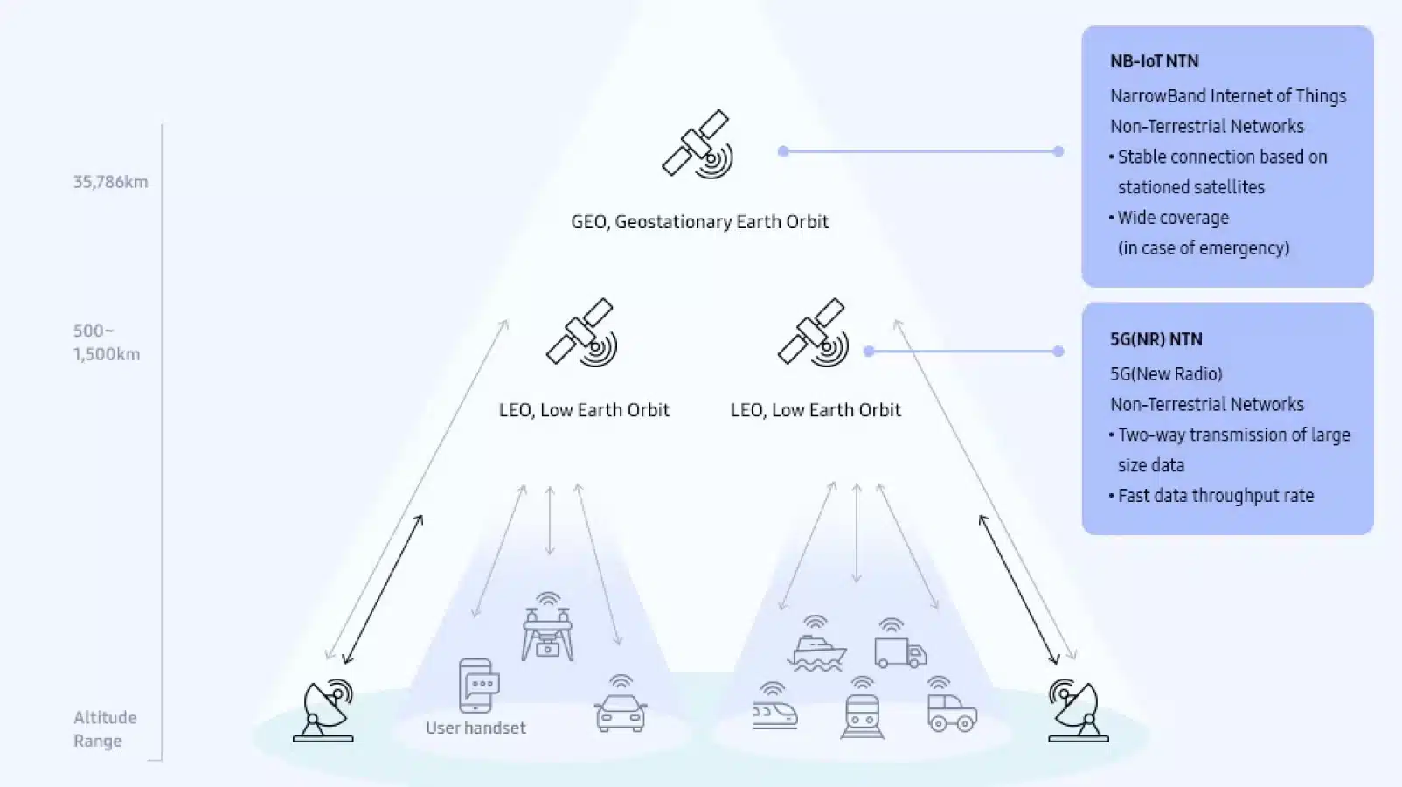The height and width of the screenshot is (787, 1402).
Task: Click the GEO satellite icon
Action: (698, 144)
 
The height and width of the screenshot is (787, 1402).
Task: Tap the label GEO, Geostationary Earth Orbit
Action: (700, 221)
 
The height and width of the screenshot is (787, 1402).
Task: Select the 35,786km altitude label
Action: (111, 182)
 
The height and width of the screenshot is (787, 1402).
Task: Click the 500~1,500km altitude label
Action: (107, 343)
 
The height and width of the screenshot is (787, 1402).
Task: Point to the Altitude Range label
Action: (105, 728)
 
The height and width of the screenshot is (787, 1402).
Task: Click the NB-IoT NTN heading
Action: (1155, 61)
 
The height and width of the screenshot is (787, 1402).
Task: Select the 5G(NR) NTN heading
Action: (1156, 339)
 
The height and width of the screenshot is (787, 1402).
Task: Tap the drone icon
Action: (548, 627)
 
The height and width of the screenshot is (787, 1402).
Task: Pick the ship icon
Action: (816, 644)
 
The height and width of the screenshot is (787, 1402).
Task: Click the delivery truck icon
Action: (900, 644)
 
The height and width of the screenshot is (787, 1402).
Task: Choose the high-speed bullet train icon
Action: (774, 707)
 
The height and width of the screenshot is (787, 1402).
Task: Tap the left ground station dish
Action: (323, 710)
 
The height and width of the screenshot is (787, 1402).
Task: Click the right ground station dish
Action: (1078, 710)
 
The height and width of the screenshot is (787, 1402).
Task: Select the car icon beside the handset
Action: (621, 704)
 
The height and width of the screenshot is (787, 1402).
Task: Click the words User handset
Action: (475, 728)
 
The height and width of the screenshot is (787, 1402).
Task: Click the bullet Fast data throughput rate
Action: (1211, 496)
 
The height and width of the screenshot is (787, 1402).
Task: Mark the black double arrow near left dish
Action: (383, 589)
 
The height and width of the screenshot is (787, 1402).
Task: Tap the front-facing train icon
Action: (863, 708)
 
